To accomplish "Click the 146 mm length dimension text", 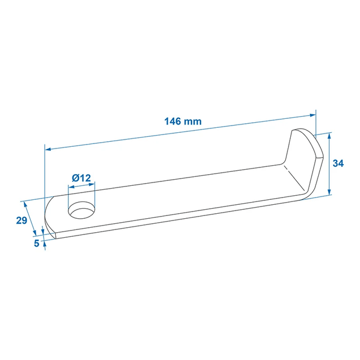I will point(183,121).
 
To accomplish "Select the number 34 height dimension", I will point(338,164).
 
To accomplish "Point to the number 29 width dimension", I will point(22,220).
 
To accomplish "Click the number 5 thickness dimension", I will point(37,243).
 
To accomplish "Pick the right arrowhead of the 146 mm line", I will point(313,115).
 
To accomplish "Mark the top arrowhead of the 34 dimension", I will point(329,136).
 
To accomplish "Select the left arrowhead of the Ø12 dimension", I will point(70,188).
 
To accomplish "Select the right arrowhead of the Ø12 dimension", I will point(93,185).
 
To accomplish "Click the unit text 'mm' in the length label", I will point(194,121).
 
